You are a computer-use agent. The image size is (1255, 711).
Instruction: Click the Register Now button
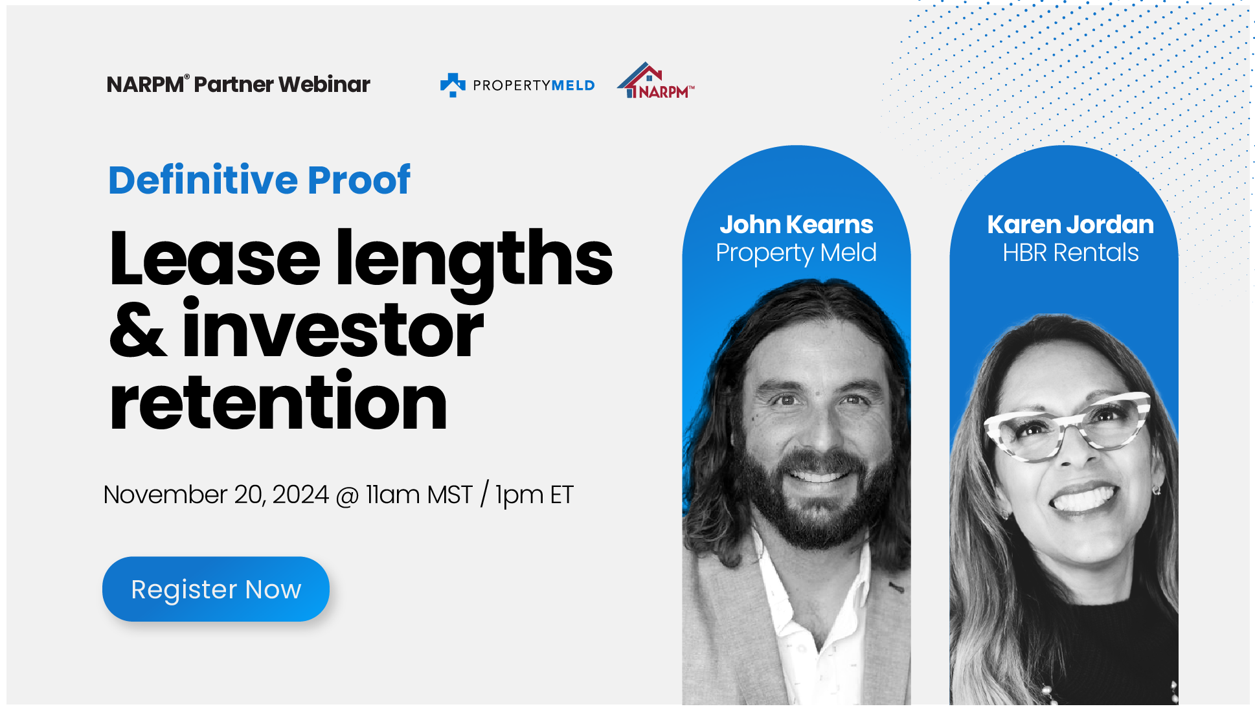tap(216, 589)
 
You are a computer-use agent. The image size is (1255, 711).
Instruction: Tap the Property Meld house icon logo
tap(453, 85)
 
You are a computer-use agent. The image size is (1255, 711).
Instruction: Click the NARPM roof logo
tap(655, 82)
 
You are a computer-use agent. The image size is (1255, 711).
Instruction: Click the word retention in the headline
tap(278, 403)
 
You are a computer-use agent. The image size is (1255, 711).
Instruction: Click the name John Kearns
tap(796, 225)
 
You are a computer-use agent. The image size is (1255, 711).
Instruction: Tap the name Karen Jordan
tap(1070, 225)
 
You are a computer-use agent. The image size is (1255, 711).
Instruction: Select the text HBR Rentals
tap(1070, 253)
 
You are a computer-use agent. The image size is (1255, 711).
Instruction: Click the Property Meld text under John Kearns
tap(796, 253)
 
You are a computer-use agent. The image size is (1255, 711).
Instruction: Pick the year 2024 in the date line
tap(300, 495)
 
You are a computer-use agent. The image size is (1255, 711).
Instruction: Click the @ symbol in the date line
tap(348, 496)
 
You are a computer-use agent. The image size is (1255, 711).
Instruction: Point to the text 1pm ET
tap(534, 495)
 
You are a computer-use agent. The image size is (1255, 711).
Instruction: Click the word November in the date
tap(165, 495)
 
